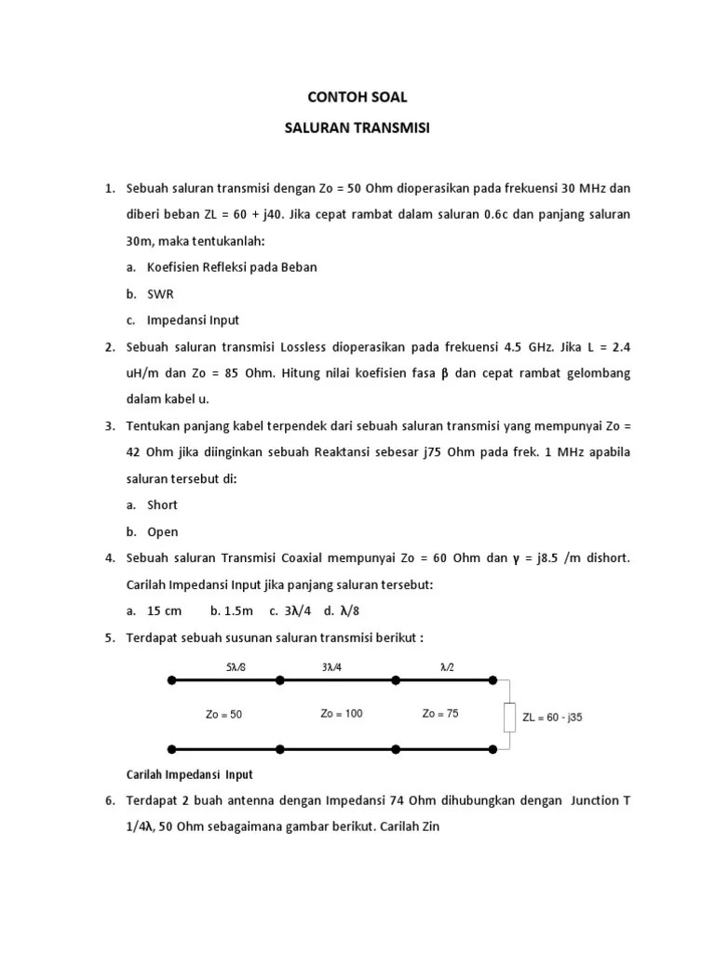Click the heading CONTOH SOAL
[x=357, y=97]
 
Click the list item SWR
[x=160, y=293]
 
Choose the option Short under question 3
[x=162, y=505]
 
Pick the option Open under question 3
[x=162, y=532]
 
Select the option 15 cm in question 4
[x=165, y=611]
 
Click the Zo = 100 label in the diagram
[x=342, y=714]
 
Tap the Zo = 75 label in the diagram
[x=439, y=714]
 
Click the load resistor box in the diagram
[x=508, y=718]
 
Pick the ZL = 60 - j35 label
[x=553, y=718]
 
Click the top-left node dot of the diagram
[x=171, y=681]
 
